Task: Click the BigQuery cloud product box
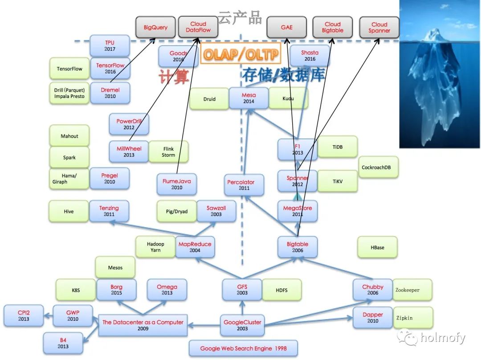coord(155,27)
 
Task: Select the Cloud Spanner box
coord(379,27)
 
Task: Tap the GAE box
coord(286,27)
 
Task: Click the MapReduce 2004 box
coord(195,247)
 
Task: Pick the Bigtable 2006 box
coord(298,247)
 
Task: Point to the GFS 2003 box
coord(242,290)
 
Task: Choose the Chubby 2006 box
coord(373,290)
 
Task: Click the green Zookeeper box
coord(412,290)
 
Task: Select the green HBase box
coord(377,247)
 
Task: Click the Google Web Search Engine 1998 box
coord(243,348)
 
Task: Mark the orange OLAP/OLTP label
coord(240,54)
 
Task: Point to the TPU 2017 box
coord(110,45)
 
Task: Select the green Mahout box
coord(69,136)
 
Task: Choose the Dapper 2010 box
coord(373,318)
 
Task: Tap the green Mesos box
coord(115,268)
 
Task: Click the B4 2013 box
coord(63,343)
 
